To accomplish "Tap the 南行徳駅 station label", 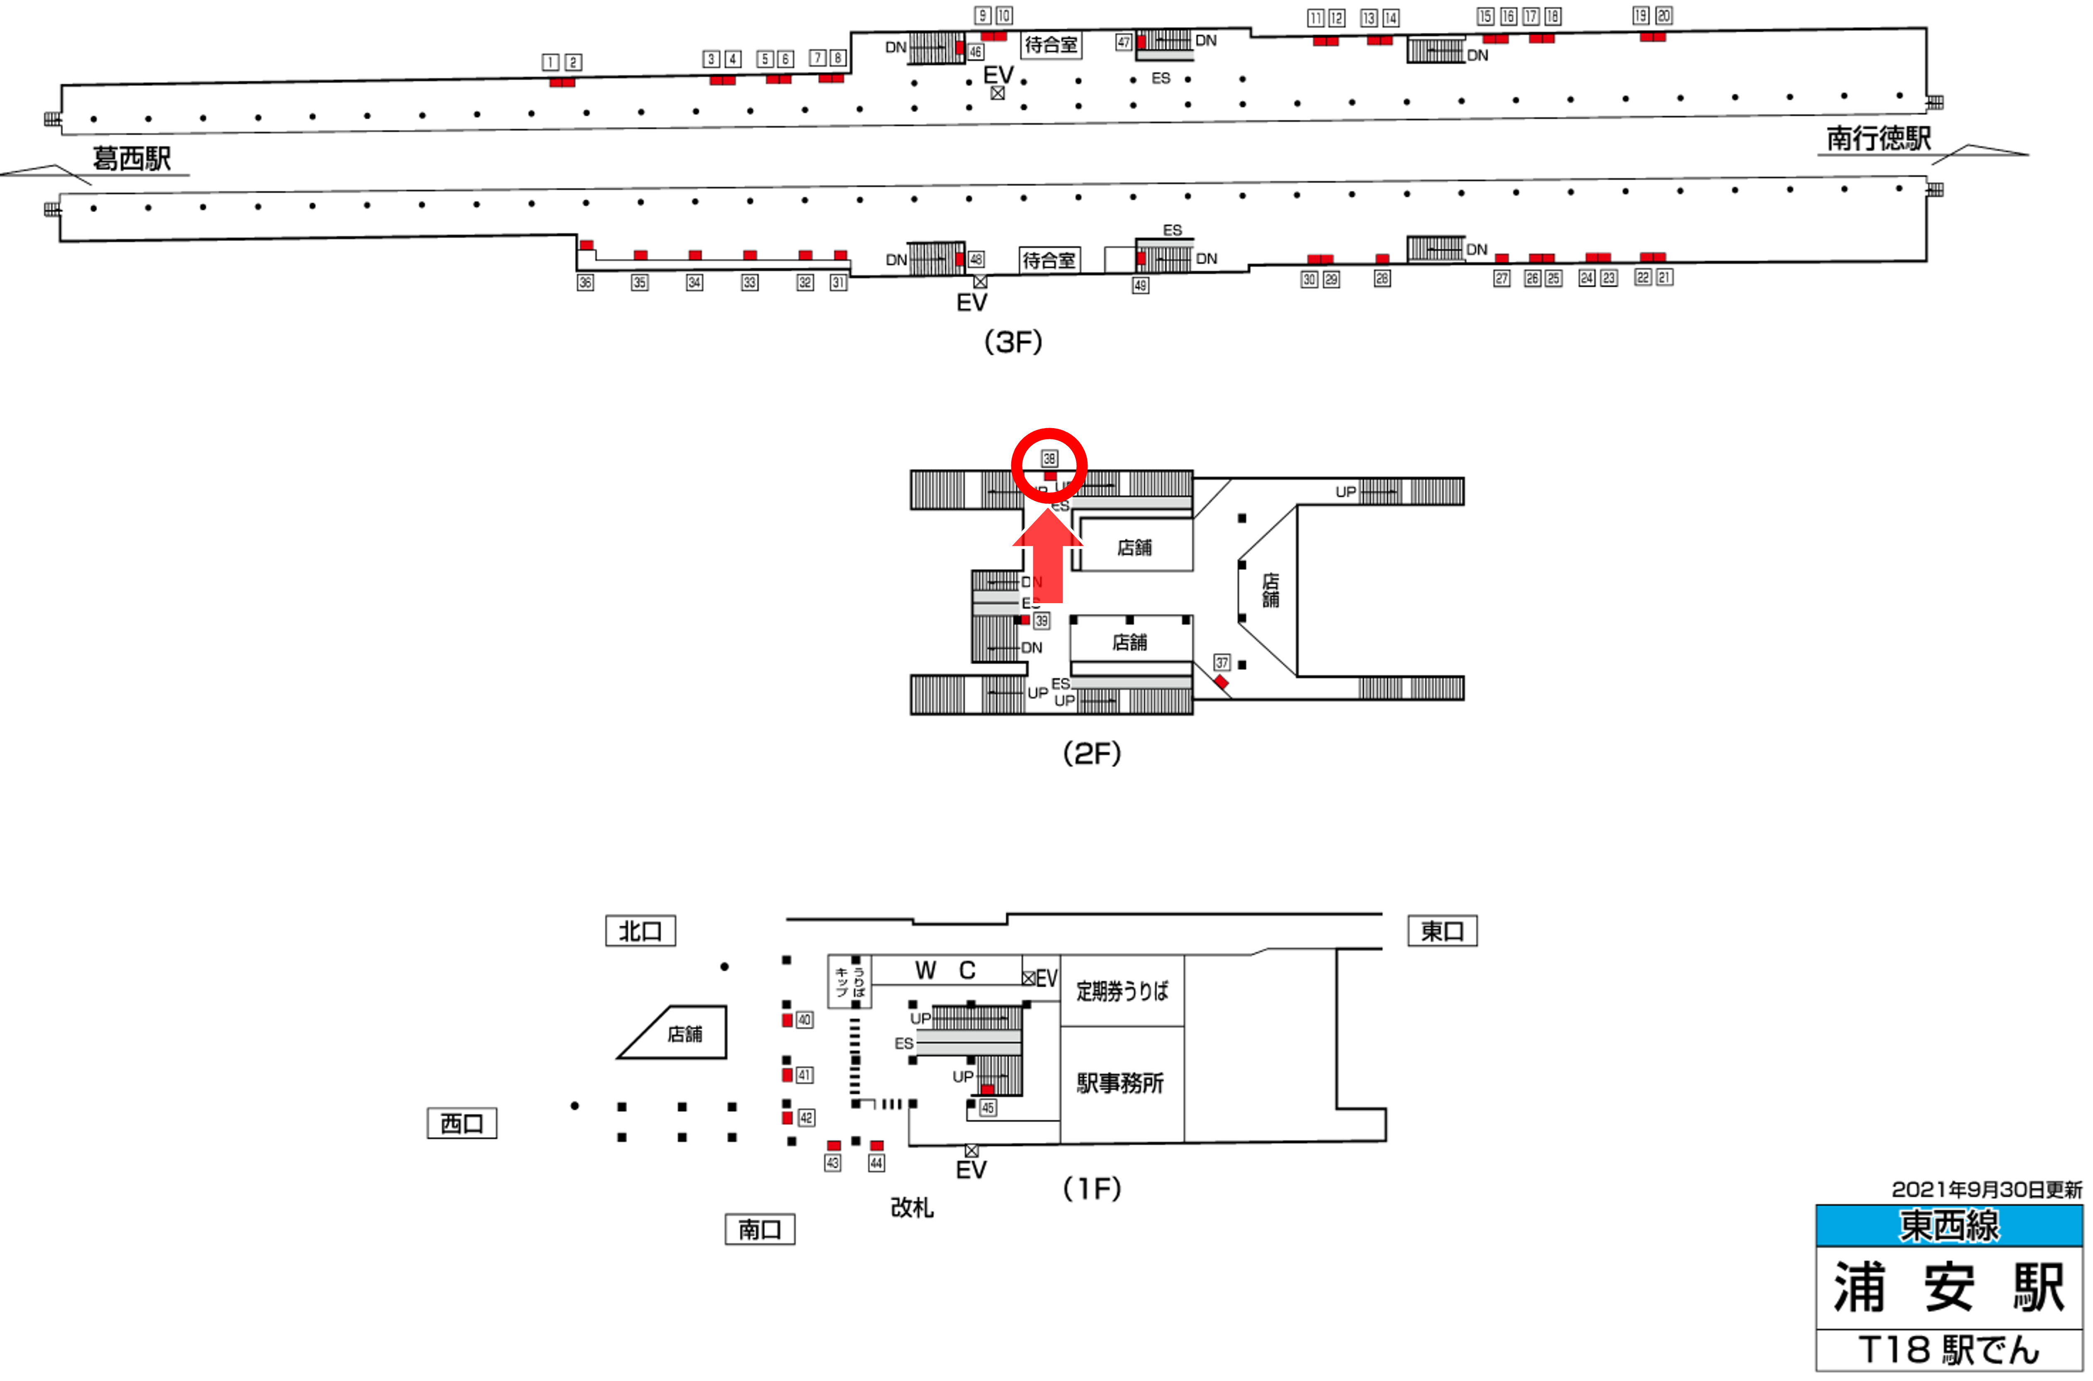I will [1878, 138].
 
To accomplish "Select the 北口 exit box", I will [640, 931].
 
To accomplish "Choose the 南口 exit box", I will [759, 1230].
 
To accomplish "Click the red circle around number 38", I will [1049, 465].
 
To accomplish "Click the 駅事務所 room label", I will [1120, 1083].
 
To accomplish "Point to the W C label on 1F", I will [946, 971].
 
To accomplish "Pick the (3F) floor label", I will [1012, 342].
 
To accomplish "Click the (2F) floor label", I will [1092, 753].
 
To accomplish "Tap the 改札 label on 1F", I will [911, 1208].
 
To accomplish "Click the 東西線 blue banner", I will [1949, 1226].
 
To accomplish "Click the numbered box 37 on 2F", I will [1221, 662].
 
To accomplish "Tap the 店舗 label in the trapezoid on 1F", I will [684, 1034].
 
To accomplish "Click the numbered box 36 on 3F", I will [585, 283].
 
